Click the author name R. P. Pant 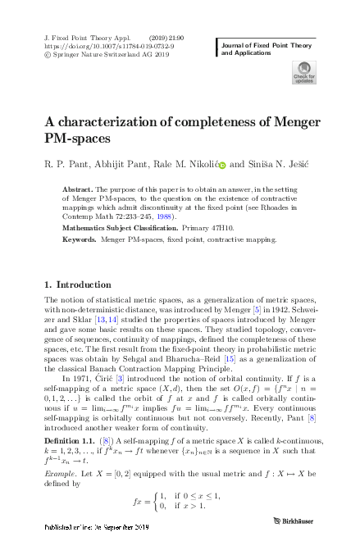pos(67,164)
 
